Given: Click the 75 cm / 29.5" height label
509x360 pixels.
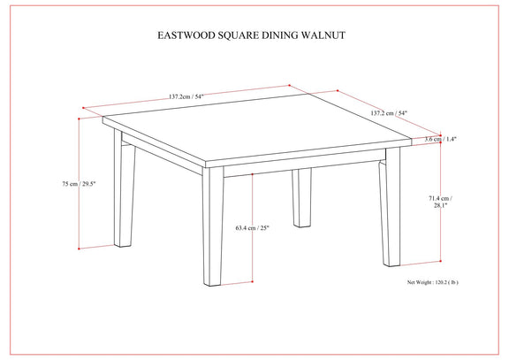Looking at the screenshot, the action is pos(79,184).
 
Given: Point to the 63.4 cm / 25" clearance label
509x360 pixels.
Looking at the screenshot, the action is pos(253,227).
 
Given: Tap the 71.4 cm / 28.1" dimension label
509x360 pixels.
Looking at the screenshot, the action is pos(440,202).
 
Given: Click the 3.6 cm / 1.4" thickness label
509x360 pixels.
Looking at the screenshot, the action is pos(440,139).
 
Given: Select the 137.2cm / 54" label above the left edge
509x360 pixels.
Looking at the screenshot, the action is pos(186,96).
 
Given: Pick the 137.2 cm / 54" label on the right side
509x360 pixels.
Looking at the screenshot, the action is pos(389,113).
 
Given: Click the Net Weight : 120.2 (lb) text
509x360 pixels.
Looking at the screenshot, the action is pos(433,282).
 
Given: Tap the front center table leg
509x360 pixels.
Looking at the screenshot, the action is pos(213,226).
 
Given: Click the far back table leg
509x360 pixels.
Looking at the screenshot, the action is pos(301,197).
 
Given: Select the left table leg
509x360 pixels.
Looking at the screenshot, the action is pos(124,188).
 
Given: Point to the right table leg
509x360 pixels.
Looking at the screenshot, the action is pos(390,208).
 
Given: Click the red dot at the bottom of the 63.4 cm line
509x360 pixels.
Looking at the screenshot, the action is pos(252,281).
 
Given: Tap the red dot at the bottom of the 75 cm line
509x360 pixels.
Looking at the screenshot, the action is pos(79,249).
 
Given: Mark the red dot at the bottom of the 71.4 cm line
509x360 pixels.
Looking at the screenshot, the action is pos(440,261).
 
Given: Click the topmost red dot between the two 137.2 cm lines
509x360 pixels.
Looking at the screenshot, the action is pos(289,86).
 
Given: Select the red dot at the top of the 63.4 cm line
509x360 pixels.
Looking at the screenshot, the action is pos(252,174).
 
